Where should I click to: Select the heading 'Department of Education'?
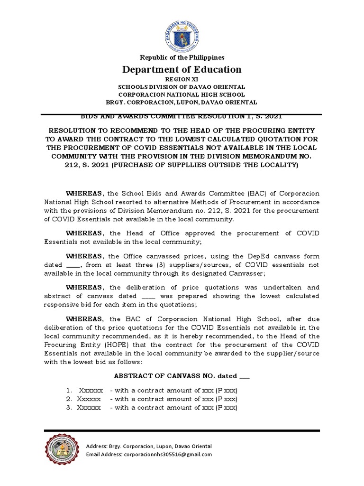click(182, 70)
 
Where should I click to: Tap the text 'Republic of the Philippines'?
click(182, 57)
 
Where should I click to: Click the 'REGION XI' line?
click(182, 80)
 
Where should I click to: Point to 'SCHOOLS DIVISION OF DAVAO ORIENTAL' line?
click(182, 87)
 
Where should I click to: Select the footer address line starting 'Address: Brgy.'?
click(149, 446)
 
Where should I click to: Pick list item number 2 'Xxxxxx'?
click(89, 399)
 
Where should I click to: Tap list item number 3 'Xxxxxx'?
click(89, 407)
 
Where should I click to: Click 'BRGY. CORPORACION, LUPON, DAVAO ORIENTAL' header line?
click(182, 102)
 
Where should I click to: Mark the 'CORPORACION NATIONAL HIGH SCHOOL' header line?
click(182, 94)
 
